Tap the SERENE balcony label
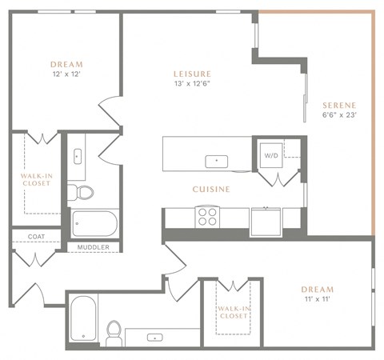pyautogui.click(x=339, y=105)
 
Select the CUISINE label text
pyautogui.click(x=211, y=190)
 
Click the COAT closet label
pyautogui.click(x=36, y=236)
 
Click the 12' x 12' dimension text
pyautogui.click(x=66, y=74)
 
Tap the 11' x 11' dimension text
pyautogui.click(x=317, y=299)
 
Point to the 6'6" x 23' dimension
pyautogui.click(x=339, y=115)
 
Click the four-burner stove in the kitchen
pyautogui.click(x=208, y=215)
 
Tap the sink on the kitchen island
pyautogui.click(x=215, y=161)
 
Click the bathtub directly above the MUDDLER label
pyautogui.click(x=94, y=222)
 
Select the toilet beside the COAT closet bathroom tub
pyautogui.click(x=82, y=191)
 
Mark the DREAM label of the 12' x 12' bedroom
pyautogui.click(x=66, y=64)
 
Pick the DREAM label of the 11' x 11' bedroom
pyautogui.click(x=317, y=289)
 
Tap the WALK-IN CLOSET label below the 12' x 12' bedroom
pyautogui.click(x=36, y=178)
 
